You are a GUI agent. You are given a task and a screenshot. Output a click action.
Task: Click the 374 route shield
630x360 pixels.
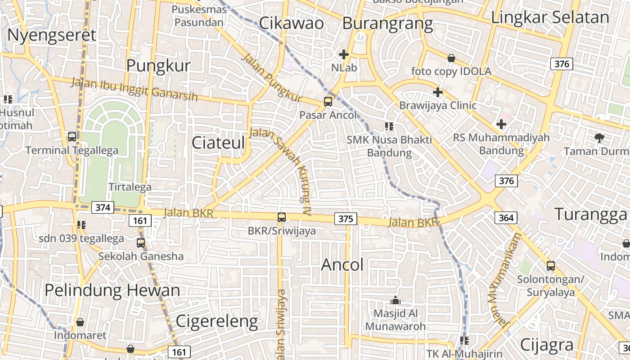coord(102,207)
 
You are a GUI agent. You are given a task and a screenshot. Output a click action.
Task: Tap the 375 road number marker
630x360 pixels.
coord(346,219)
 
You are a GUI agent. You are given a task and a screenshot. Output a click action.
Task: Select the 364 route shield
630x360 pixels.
coord(506,218)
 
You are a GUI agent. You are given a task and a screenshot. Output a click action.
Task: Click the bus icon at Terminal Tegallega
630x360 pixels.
coord(72,136)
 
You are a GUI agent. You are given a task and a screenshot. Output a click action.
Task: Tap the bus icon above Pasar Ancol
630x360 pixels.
coord(328,102)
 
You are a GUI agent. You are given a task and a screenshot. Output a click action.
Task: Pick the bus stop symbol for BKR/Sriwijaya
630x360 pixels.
coord(282,217)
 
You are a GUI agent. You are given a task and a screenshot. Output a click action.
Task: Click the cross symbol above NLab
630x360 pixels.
coord(344,55)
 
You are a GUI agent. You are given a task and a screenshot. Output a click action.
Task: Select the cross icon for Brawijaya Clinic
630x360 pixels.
coord(437,92)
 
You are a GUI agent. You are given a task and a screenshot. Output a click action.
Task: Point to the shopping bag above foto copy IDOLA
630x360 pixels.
coord(451,58)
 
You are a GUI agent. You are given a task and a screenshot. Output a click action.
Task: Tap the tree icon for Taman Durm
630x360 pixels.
coord(599,138)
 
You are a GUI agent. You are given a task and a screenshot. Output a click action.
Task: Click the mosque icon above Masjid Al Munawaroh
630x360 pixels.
coord(396,300)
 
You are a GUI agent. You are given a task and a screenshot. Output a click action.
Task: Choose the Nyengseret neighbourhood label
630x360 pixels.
coord(52,35)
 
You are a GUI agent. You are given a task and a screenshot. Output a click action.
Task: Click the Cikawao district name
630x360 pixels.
coord(291,23)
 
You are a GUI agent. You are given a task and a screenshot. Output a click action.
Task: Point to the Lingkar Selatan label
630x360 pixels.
coord(550,17)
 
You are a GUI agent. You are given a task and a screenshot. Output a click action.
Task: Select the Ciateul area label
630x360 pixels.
coord(218,143)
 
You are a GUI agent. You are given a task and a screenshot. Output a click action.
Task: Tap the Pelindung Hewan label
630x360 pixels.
coord(112,290)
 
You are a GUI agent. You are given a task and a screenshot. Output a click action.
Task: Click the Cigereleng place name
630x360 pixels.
coord(216,321)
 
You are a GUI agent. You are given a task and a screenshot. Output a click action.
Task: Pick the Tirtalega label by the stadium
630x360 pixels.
coord(130,187)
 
